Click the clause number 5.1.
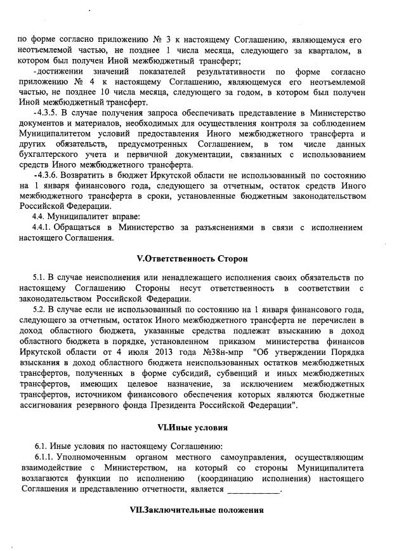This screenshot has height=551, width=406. [x=39, y=278]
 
